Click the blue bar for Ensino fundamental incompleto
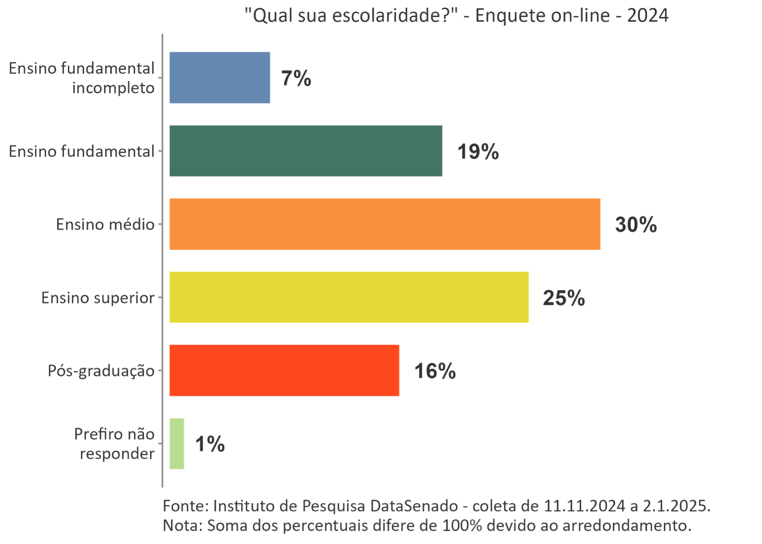coord(220,78)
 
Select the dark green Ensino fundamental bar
coord(305,151)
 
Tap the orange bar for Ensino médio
coord(385,224)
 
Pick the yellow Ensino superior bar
coord(349,297)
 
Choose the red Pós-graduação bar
coord(284,371)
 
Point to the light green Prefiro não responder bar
coord(177,444)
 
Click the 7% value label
coord(296,78)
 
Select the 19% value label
coord(478,152)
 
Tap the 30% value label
coord(636,225)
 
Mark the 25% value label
coord(564,298)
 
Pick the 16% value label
coord(435,371)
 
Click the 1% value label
coord(210,444)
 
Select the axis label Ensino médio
coord(105,224)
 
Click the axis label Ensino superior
coord(98,298)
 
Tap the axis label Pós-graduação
coord(101,371)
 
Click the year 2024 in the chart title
coord(648,16)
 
